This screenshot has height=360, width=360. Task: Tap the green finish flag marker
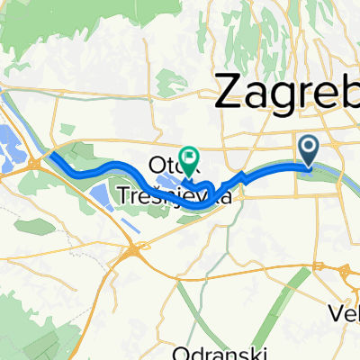tap(189, 158)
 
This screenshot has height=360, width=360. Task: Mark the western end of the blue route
tap(51, 155)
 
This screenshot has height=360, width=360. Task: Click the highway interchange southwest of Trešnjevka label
tap(134, 255)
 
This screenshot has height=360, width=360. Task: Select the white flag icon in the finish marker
tap(189, 154)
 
